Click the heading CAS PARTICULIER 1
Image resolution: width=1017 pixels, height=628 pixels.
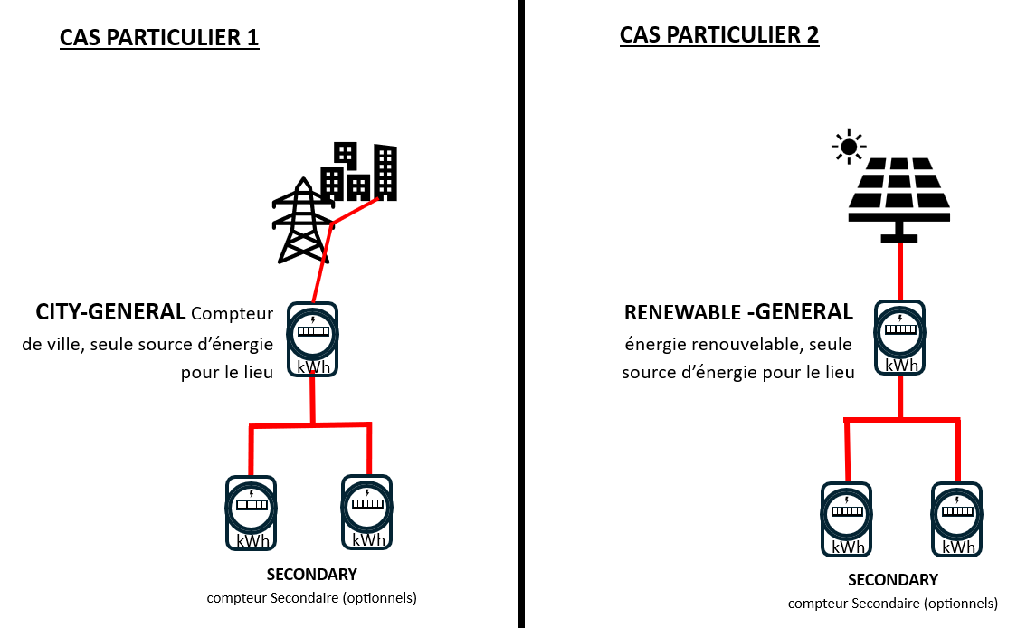[x=159, y=37]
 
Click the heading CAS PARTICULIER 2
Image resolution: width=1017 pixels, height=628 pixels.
[x=719, y=34]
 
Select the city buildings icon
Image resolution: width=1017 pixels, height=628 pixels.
[x=360, y=172]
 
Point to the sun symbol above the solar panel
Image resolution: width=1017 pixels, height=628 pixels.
[x=848, y=146]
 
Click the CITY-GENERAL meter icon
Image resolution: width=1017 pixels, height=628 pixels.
[x=313, y=339]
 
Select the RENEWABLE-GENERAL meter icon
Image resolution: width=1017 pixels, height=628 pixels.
[x=899, y=337]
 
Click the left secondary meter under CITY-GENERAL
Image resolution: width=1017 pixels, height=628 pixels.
[x=251, y=512]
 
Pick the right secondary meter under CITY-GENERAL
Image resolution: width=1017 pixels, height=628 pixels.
[x=367, y=511]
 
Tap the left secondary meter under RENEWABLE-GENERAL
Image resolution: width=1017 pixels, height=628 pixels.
[x=846, y=519]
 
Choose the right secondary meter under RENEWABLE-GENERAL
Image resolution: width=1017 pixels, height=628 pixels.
[x=957, y=519]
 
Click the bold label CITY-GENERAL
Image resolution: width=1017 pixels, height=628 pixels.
[x=110, y=312]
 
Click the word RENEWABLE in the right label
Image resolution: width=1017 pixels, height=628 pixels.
[x=680, y=313]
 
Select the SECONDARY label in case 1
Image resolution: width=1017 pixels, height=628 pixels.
[x=311, y=574]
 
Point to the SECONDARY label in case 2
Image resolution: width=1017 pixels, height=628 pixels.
[x=892, y=579]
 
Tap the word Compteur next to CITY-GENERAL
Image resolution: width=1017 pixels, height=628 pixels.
[x=232, y=314]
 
